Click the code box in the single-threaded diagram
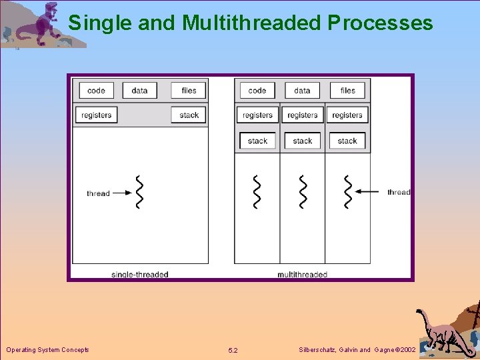[x=97, y=91]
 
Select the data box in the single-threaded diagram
[x=140, y=91]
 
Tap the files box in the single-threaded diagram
[x=189, y=91]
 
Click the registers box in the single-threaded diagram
[x=97, y=115]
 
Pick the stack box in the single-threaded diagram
[x=189, y=115]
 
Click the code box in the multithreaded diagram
[x=257, y=91]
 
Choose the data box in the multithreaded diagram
[x=302, y=91]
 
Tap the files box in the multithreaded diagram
[x=348, y=91]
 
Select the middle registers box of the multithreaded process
[x=303, y=115]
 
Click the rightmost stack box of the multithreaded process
[x=347, y=141]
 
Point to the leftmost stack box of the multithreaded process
[x=257, y=141]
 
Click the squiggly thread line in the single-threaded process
[x=139, y=193]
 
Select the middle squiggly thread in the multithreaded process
[x=303, y=192]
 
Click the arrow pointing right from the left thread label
[x=121, y=193]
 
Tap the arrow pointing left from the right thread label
[x=367, y=192]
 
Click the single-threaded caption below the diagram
[x=140, y=274]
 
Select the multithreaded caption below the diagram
[x=302, y=274]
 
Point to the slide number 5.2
[x=233, y=350]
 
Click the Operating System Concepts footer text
[x=47, y=349]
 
